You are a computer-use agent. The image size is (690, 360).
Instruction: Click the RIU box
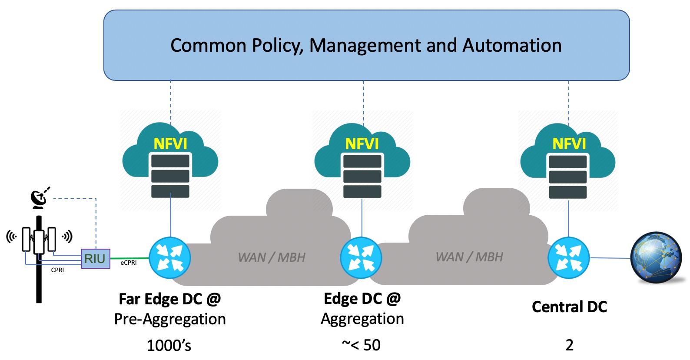click(95, 259)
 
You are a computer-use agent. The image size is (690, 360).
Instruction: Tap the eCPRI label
click(129, 263)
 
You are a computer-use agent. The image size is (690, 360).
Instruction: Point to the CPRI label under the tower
click(57, 270)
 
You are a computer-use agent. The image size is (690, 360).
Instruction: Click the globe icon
click(656, 258)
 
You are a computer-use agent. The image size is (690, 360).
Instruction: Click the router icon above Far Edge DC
click(170, 258)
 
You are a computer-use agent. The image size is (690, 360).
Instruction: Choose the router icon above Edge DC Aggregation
click(361, 258)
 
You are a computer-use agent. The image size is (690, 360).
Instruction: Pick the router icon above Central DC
click(569, 258)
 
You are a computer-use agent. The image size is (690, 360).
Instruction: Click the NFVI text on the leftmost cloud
click(170, 144)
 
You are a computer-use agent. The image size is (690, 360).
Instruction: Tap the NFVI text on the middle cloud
click(362, 144)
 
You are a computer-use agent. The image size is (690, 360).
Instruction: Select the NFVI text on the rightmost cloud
click(569, 144)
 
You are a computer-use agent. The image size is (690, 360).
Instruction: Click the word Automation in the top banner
click(512, 45)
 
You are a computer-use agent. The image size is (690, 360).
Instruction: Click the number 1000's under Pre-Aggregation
click(169, 345)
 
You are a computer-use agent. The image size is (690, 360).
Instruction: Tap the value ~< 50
click(361, 345)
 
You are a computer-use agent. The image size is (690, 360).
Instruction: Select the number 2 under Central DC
click(569, 345)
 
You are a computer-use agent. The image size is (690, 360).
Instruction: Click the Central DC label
click(569, 307)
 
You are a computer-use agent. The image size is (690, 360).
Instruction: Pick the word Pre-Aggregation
click(170, 319)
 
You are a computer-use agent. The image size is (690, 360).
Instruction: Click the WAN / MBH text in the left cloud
click(272, 257)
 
